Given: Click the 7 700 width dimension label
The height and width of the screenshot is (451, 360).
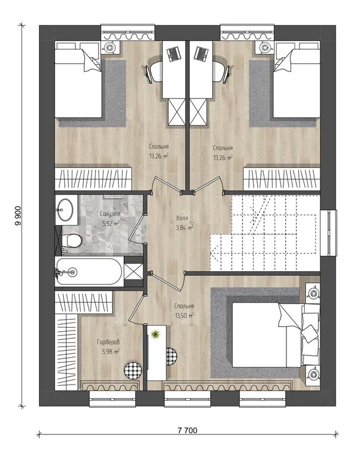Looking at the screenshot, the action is (188, 431).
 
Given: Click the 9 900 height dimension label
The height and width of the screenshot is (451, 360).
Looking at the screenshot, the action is (18, 216).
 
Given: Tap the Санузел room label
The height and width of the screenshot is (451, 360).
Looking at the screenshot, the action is (110, 214).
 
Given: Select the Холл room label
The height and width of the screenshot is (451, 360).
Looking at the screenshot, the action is (182, 218).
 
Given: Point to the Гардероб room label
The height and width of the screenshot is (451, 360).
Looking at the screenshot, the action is (108, 342).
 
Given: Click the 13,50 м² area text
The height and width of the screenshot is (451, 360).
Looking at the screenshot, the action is (184, 316).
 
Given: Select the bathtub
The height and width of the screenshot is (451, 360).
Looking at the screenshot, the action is (89, 272).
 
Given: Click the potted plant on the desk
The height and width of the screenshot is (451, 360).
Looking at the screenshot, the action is (156, 335).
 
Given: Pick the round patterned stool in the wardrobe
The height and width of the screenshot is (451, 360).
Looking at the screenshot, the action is (132, 369).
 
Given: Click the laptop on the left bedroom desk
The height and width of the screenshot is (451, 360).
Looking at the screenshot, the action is (173, 53).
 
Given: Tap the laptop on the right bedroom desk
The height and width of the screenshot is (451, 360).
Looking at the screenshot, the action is (200, 53).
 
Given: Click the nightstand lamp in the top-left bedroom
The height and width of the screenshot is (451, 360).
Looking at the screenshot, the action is (110, 47).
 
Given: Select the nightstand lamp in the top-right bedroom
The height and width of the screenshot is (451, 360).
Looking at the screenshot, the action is (264, 47).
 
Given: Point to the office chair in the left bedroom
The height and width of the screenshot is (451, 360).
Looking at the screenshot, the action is (153, 71).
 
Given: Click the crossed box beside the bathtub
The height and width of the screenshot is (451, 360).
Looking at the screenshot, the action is (133, 272).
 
